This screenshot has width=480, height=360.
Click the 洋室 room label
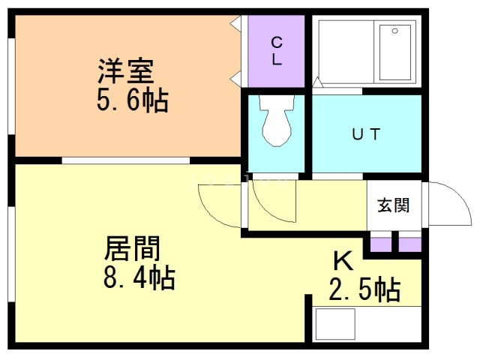(x=125, y=72)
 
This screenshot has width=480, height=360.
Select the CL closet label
(x=277, y=51)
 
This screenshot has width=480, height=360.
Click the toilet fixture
(x=277, y=120)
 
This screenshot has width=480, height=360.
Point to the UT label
(x=367, y=135)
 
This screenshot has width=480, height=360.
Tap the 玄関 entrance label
(x=393, y=205)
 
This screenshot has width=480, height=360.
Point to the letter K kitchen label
(x=343, y=261)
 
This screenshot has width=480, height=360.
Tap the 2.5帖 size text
(x=364, y=289)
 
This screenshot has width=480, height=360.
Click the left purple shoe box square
(x=382, y=244)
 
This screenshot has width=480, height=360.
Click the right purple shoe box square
(x=410, y=244)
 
